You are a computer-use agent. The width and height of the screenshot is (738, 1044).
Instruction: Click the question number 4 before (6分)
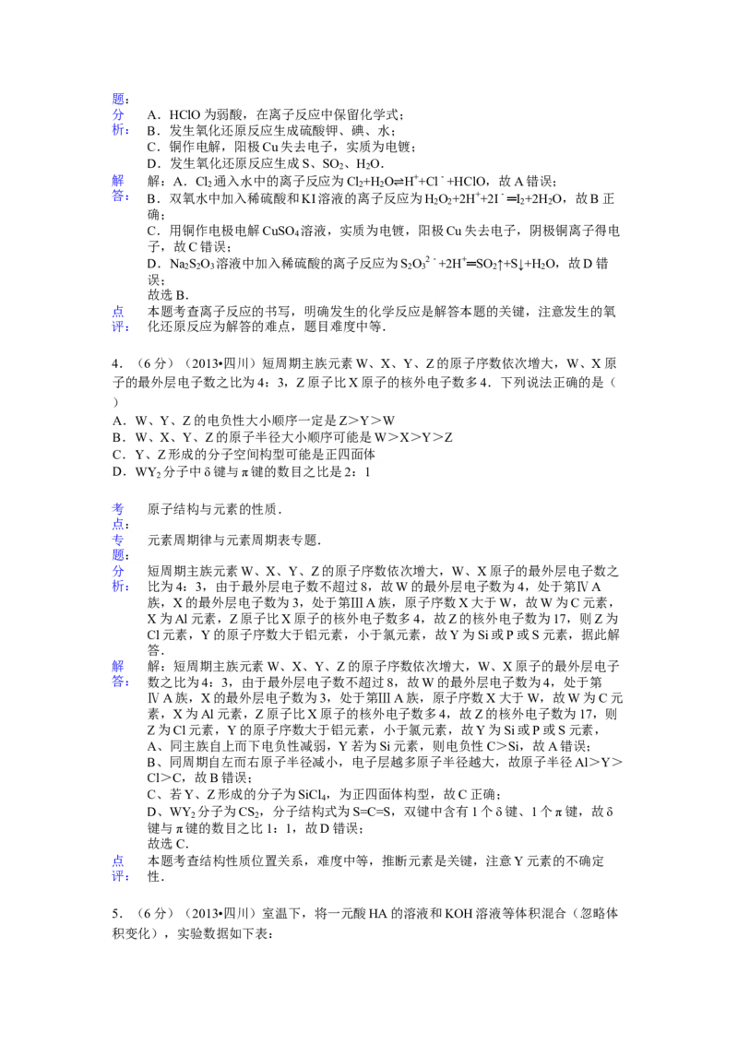(x=116, y=363)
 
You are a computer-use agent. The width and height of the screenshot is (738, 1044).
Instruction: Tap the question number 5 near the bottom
(x=116, y=913)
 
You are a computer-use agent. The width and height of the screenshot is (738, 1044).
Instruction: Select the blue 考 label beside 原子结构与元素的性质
(x=118, y=509)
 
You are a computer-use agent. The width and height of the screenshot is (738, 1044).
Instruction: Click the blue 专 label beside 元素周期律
(x=118, y=540)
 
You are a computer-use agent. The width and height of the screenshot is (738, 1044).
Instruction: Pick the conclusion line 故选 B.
(x=168, y=295)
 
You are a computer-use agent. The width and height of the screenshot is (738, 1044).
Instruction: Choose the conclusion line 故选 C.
(x=168, y=844)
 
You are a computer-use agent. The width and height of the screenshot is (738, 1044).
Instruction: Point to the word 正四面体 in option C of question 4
(x=349, y=455)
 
